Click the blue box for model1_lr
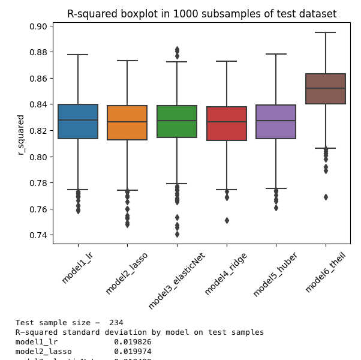[x=78, y=122]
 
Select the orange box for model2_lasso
[x=127, y=123]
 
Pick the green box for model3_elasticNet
[x=177, y=122]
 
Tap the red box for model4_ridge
[x=226, y=124]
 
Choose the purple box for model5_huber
[x=276, y=122]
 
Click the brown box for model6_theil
[x=326, y=89]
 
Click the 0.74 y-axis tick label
[x=38, y=235]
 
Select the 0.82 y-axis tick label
[x=38, y=131]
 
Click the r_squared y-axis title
[x=21, y=135]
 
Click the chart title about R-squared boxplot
[x=201, y=14]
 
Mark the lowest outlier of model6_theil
[x=326, y=197]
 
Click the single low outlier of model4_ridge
[x=226, y=220]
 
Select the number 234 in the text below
[x=131, y=323]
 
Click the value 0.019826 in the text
[x=133, y=342]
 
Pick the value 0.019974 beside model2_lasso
[x=133, y=352]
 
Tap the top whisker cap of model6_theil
[x=326, y=32]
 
